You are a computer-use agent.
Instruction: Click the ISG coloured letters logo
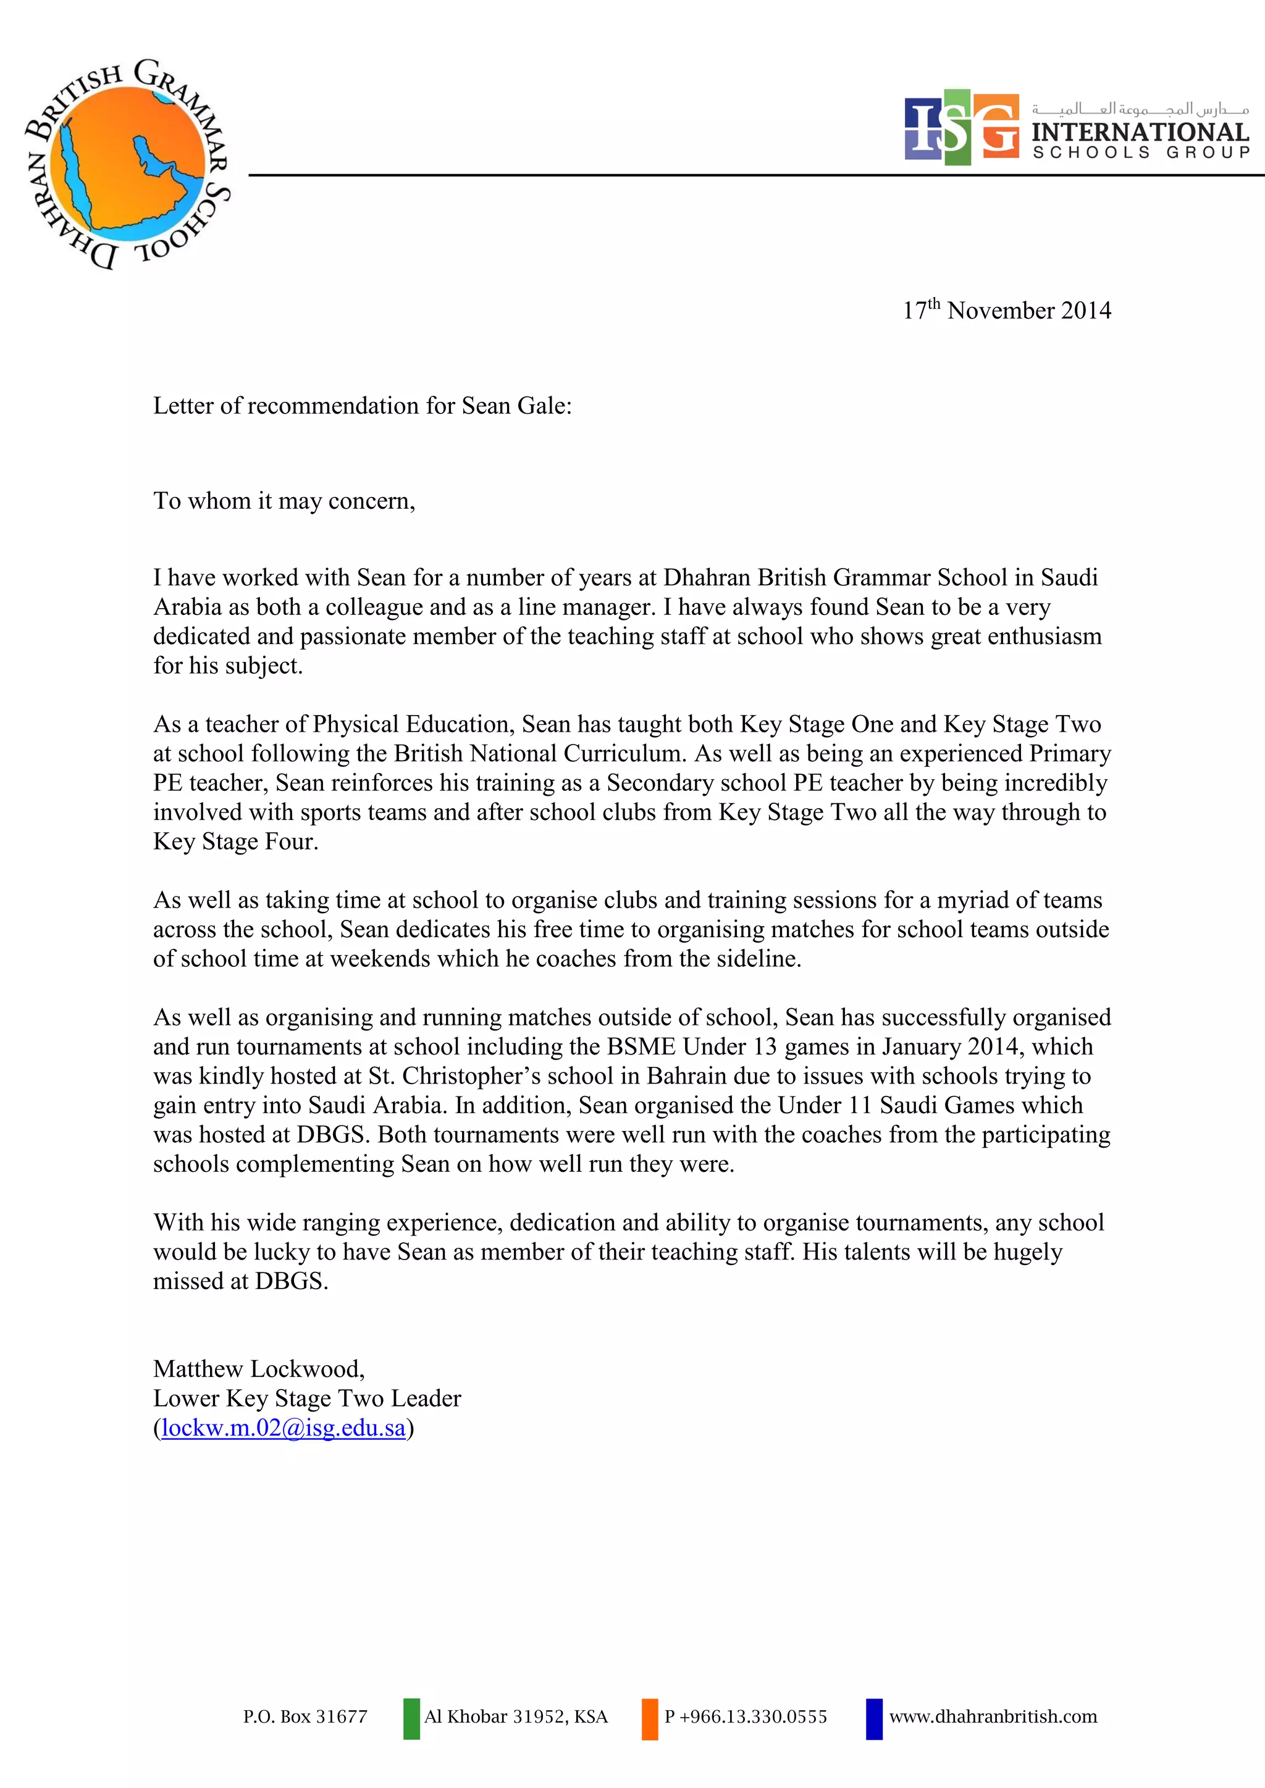tap(961, 127)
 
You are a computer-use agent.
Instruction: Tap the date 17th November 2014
tap(1006, 310)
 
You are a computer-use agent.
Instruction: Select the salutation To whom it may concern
tap(284, 501)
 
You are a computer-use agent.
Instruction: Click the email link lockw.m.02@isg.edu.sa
tap(284, 1427)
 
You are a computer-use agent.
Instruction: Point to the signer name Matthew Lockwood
tap(258, 1368)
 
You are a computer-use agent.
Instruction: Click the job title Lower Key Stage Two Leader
tap(307, 1398)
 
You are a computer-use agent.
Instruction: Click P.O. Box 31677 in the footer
tap(305, 1716)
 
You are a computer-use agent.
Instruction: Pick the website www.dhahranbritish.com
tap(993, 1716)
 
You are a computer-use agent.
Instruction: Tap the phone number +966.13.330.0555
tap(752, 1716)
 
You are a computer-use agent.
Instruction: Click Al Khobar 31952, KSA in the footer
tap(516, 1716)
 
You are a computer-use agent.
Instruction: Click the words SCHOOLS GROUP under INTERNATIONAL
tap(1141, 152)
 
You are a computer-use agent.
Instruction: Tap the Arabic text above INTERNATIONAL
tap(1140, 108)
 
